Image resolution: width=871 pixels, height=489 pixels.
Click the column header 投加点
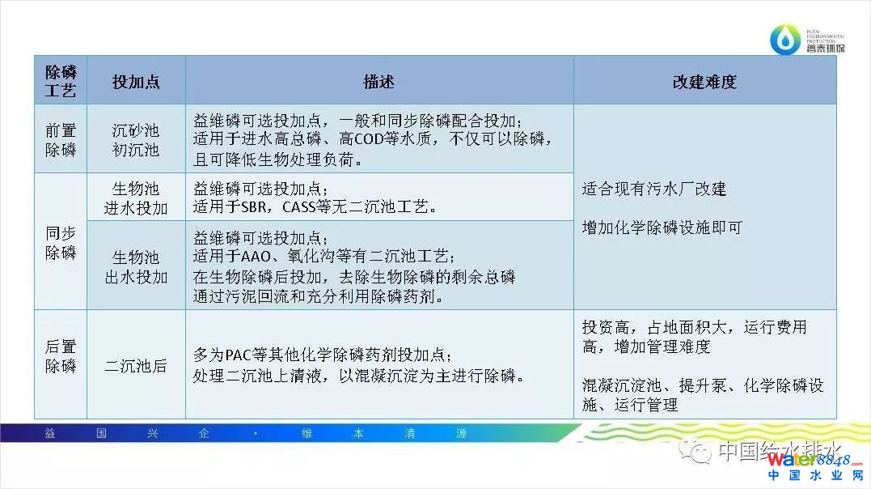pyautogui.click(x=136, y=82)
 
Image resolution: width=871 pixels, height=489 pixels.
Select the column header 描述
pyautogui.click(x=378, y=82)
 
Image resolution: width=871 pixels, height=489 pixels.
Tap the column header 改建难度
pyautogui.click(x=704, y=82)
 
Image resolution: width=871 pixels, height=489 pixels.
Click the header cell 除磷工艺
pyautogui.click(x=61, y=81)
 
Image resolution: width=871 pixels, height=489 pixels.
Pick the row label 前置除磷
pyautogui.click(x=61, y=140)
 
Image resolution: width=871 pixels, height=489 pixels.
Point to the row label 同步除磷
pyautogui.click(x=61, y=243)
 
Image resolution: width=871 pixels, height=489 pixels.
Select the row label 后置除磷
pyautogui.click(x=61, y=356)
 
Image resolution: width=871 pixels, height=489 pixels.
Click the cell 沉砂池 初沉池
pyautogui.click(x=136, y=140)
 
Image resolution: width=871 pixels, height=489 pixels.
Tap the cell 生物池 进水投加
pyautogui.click(x=136, y=198)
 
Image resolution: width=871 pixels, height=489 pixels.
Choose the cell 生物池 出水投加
pyautogui.click(x=136, y=267)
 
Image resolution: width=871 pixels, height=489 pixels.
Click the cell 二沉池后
pyautogui.click(x=136, y=365)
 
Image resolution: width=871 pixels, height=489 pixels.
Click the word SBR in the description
pyautogui.click(x=254, y=207)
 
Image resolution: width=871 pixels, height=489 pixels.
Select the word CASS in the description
pyautogui.click(x=299, y=207)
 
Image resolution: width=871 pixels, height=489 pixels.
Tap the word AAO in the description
pyautogui.click(x=256, y=256)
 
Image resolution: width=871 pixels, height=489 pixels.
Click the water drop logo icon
pyautogui.click(x=785, y=40)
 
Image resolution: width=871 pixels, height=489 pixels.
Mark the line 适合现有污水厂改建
pyautogui.click(x=654, y=189)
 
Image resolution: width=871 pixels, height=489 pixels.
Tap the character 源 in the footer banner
pyautogui.click(x=461, y=433)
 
